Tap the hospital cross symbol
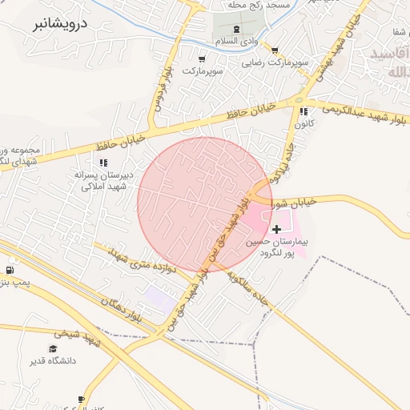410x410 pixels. pos(277,229)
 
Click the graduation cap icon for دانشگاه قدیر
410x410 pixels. pos(53,348)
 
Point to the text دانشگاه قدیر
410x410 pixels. pos(53,361)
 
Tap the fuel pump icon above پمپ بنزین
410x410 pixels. pos(9,271)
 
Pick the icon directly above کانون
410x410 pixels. pos(303,111)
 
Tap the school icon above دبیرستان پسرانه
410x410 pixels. pos(103,162)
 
